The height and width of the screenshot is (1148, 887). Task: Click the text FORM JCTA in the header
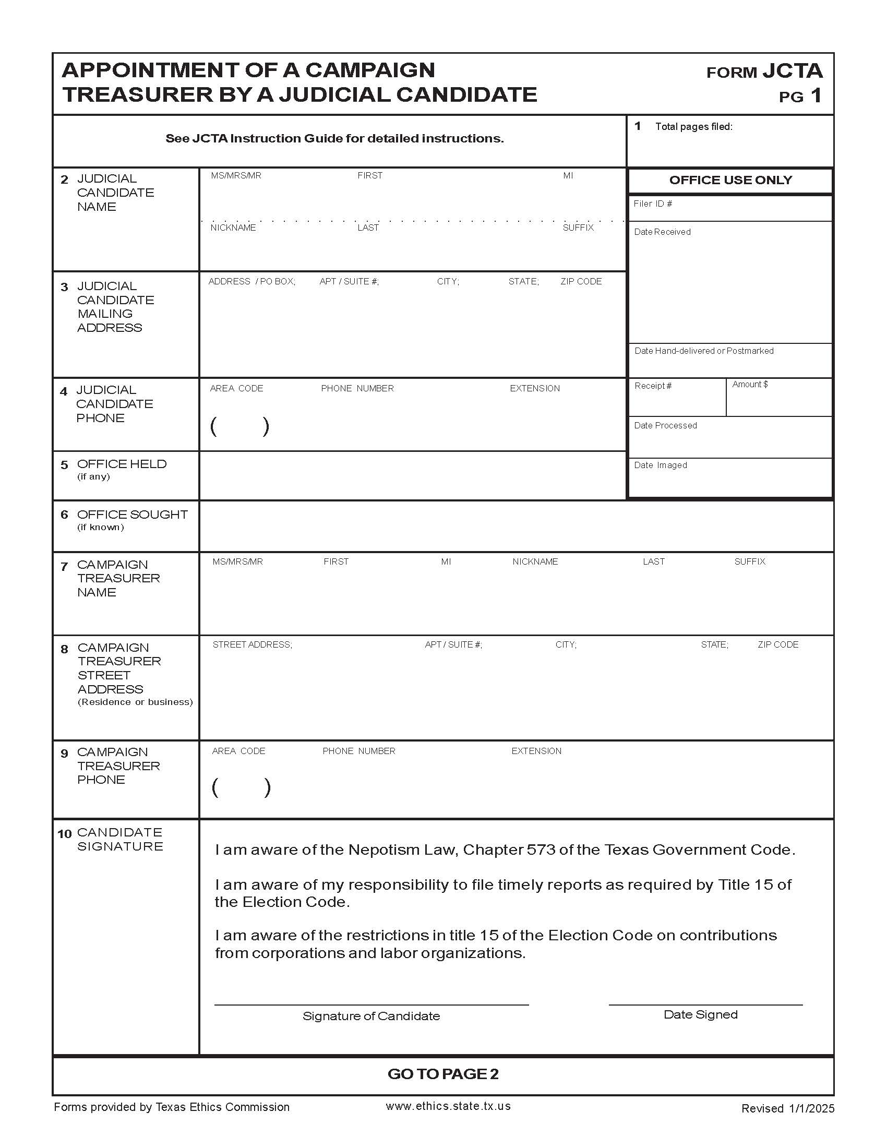[764, 71]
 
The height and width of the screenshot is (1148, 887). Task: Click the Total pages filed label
[693, 127]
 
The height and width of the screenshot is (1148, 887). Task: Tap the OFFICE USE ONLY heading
[730, 181]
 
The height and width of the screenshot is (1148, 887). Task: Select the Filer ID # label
[653, 204]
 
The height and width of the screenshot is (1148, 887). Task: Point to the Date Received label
[662, 232]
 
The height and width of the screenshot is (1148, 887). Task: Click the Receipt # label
[653, 386]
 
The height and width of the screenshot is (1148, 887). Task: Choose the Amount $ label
[750, 385]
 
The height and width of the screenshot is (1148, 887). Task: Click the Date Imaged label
[660, 465]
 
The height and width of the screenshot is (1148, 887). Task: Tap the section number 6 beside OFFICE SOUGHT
[64, 515]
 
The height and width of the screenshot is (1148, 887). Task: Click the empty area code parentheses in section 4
[239, 426]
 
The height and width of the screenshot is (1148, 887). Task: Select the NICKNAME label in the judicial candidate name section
[233, 228]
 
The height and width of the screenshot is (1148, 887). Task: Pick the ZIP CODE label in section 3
[581, 282]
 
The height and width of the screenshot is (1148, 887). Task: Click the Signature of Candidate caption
[371, 1016]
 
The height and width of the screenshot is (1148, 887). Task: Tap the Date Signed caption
[700, 1014]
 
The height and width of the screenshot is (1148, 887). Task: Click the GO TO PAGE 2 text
[443, 1074]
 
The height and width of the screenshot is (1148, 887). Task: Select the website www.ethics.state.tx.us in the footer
[448, 1106]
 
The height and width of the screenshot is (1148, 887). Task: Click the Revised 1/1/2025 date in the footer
[787, 1108]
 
